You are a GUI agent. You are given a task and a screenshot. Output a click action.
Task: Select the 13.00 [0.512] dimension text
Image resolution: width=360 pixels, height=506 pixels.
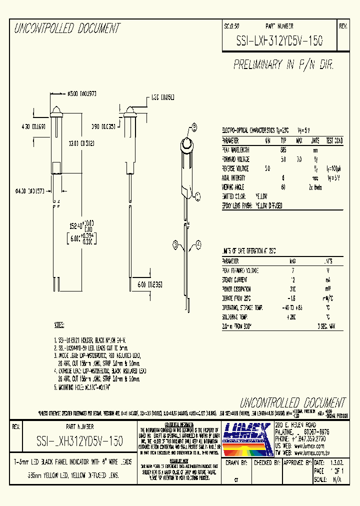tap(81, 142)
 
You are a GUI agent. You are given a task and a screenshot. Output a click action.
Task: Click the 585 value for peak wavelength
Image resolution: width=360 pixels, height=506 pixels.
tap(283, 149)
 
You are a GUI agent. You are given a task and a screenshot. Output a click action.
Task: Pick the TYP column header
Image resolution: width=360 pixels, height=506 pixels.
tap(283, 140)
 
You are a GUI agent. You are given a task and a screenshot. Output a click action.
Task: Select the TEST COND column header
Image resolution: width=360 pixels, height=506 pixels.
tap(334, 140)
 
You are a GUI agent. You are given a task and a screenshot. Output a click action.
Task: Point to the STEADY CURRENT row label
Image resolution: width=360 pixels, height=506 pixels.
tap(234, 279)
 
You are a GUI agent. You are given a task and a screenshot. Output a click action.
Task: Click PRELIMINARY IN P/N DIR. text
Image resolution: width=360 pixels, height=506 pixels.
tap(283, 65)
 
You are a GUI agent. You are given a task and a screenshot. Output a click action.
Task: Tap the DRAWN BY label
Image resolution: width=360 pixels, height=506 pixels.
tap(237, 463)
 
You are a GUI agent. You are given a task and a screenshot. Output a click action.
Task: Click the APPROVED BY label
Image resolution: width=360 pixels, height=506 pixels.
tap(296, 463)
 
